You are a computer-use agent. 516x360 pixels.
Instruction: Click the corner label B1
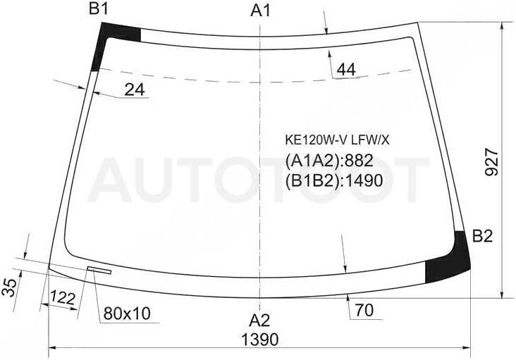click(99, 9)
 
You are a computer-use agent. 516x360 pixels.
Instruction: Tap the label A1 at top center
click(260, 11)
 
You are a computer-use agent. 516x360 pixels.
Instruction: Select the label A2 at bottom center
click(259, 321)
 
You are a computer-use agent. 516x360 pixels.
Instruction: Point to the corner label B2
click(482, 236)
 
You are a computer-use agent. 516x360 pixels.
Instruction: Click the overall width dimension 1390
click(260, 339)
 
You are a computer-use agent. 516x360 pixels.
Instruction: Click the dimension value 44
click(347, 70)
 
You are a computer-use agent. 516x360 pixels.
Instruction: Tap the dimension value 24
click(135, 89)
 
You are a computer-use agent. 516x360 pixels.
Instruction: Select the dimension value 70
click(364, 310)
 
